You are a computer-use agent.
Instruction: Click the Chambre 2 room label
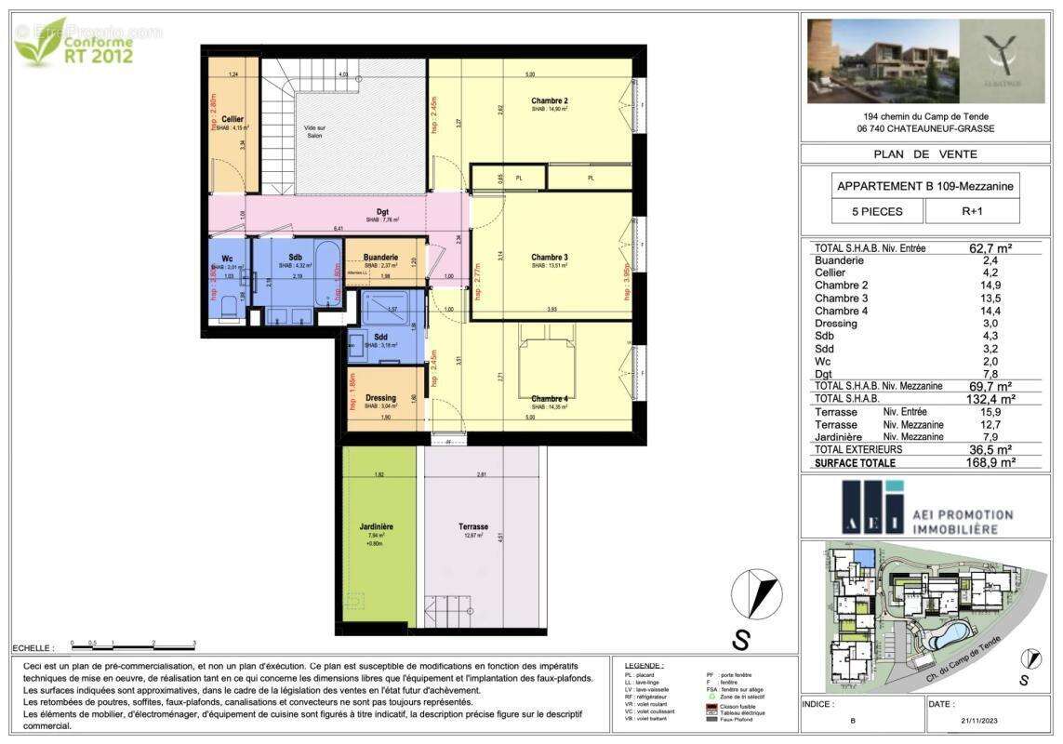[x=550, y=100]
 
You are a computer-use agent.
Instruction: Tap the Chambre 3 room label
[x=550, y=257]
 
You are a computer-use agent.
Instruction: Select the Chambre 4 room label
[x=550, y=399]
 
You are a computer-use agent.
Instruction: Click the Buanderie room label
[x=381, y=257]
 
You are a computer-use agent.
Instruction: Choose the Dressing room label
[x=381, y=398]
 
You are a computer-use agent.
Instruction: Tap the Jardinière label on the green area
[x=378, y=526]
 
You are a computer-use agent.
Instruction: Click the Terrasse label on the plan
[x=473, y=526]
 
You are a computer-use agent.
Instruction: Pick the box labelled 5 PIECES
[x=877, y=211]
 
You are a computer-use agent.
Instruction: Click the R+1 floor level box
[x=972, y=211]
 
